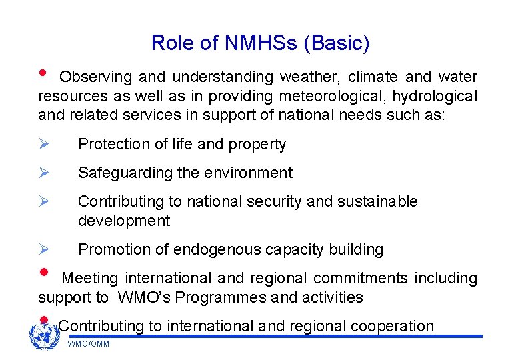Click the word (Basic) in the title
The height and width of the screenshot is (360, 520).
point(336,43)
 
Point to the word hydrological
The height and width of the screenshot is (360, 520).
point(429,97)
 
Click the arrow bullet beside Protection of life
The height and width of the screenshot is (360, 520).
point(44,144)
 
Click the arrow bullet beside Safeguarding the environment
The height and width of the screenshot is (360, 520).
point(44,173)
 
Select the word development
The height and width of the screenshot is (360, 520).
point(124,221)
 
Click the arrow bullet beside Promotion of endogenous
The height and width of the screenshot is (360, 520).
point(44,249)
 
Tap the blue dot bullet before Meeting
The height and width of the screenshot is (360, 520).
point(44,273)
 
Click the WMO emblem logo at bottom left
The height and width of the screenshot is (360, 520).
point(45,336)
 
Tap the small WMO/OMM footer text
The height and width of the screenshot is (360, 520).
point(89,344)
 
